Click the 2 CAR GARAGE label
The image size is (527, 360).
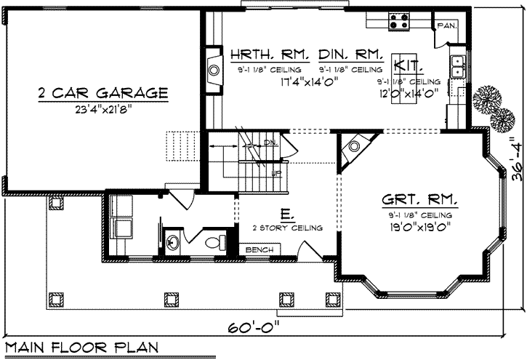coord(102,93)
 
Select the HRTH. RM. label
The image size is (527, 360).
coord(270,55)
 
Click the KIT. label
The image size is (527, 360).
coord(404,64)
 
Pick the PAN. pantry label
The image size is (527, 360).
coord(446,25)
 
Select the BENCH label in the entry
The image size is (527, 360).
coord(260,250)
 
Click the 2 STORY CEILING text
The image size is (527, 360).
coord(285,228)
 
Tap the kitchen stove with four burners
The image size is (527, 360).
coord(399,21)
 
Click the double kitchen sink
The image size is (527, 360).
coord(457,68)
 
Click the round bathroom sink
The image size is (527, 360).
coord(173,242)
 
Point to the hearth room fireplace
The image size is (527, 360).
coord(213,71)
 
